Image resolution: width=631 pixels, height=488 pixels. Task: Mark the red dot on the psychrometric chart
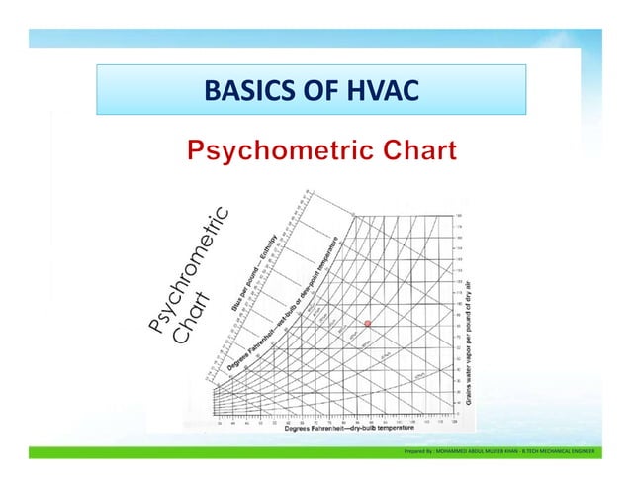[367, 324]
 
